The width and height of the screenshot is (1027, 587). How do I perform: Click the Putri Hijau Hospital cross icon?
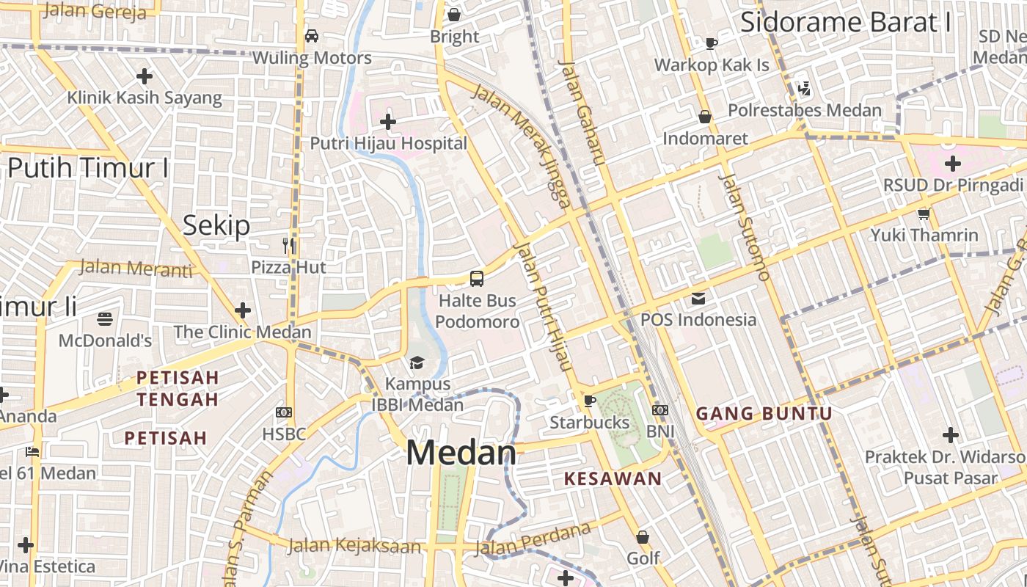point(388,121)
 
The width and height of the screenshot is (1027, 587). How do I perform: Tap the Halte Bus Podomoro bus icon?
point(477,279)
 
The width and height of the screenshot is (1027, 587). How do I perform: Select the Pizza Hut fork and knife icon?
point(289,245)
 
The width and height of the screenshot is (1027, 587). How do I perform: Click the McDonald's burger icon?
point(105,318)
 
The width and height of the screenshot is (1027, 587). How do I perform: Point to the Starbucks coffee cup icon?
point(589,401)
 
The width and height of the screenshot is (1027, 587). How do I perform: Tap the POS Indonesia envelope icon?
point(698,298)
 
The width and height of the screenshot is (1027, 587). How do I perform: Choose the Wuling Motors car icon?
point(312,36)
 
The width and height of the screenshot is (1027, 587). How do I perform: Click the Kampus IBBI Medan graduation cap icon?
point(417,362)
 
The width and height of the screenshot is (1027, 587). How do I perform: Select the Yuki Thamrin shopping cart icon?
point(924,214)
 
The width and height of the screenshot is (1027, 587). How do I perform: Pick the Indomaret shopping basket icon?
point(705,117)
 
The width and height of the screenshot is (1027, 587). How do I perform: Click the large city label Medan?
point(461,453)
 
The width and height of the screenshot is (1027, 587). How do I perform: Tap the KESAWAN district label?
point(613,479)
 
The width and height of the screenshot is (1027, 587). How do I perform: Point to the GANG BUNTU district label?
point(764,414)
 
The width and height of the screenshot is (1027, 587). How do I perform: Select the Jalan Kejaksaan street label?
point(354,545)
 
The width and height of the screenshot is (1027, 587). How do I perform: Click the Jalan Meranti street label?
point(136,269)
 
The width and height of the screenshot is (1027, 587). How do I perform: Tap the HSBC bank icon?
point(284,412)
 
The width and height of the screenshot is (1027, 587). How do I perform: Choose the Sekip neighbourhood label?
point(216,225)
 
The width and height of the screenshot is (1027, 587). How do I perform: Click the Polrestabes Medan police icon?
point(805,89)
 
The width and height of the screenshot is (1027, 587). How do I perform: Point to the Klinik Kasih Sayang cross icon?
point(145,76)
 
